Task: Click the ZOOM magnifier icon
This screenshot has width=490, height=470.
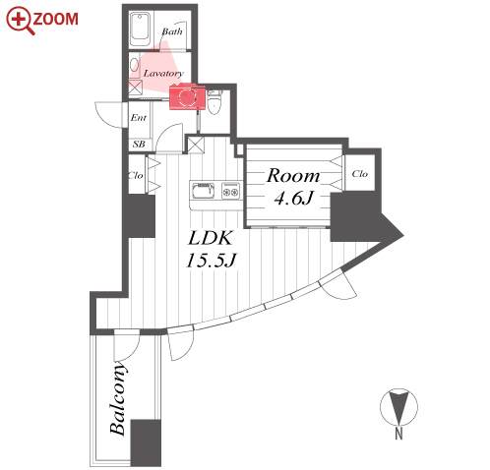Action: point(20,21)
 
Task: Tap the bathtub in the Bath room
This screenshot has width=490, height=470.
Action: point(141,29)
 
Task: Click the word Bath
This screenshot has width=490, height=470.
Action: point(172,31)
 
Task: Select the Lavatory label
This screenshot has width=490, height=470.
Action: point(163,73)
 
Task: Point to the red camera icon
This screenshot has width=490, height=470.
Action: point(187,96)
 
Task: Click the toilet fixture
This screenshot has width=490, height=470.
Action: point(214,102)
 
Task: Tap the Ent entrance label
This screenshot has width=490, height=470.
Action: point(139,117)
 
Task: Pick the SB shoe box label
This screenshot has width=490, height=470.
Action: point(139,144)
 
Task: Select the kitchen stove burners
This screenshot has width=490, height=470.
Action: point(231,191)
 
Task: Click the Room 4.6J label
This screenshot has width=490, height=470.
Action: point(293,186)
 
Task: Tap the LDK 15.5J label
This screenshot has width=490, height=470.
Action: point(211,249)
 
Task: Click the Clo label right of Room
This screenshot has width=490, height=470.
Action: point(359,174)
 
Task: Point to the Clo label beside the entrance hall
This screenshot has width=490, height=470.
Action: point(136,175)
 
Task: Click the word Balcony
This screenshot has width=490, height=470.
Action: point(117,398)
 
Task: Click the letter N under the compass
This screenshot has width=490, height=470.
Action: point(398,434)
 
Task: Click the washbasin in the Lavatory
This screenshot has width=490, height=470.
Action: point(134,65)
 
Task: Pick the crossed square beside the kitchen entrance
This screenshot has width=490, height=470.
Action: point(196,145)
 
